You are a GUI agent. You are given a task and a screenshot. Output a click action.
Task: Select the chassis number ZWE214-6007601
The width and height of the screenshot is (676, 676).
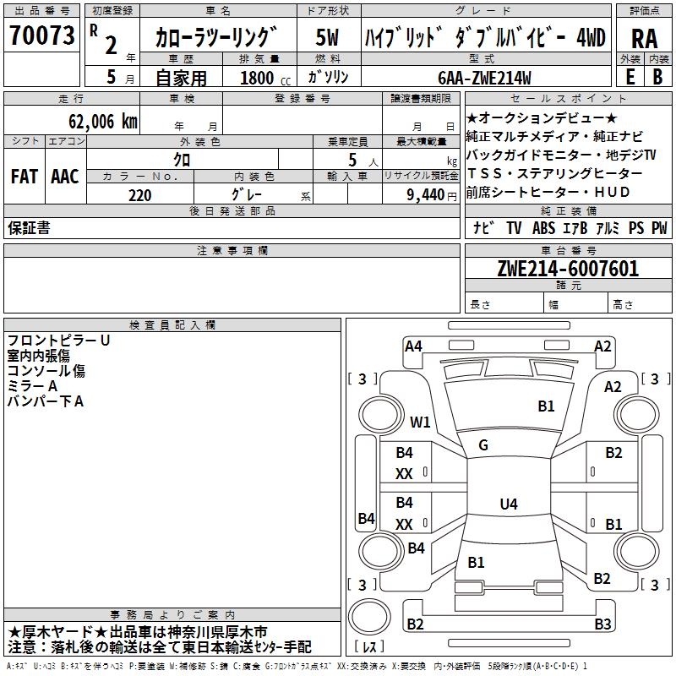click(568, 270)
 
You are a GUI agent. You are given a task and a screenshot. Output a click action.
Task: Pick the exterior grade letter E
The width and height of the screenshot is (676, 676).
click(630, 76)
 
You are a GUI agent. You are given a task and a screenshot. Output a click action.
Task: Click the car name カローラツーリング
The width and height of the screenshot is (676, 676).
click(216, 37)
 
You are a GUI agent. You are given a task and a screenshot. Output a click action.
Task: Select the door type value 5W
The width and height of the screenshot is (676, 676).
click(328, 37)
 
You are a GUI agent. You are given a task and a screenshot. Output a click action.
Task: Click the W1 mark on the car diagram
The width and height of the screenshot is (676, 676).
click(420, 422)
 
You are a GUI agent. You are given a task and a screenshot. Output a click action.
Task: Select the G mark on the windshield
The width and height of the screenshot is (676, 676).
click(483, 444)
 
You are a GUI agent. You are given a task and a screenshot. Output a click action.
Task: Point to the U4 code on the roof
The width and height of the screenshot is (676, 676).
click(508, 504)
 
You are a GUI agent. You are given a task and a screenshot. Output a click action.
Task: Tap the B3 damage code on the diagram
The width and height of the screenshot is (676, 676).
click(602, 624)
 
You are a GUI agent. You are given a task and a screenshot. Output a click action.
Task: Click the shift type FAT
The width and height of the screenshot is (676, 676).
click(24, 177)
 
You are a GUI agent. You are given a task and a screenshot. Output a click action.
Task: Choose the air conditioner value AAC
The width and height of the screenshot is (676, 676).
click(64, 177)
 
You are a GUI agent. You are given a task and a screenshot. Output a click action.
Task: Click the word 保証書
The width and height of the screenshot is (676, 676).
click(29, 228)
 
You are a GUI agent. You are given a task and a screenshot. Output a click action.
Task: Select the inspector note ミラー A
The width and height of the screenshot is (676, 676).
click(32, 386)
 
